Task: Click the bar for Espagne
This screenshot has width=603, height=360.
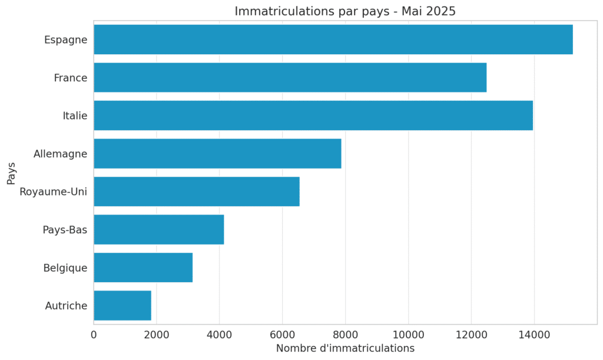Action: [x=333, y=39]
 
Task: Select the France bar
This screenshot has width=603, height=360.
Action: [x=290, y=78]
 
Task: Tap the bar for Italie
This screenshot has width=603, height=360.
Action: [x=313, y=115]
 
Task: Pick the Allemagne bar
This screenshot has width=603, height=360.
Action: [x=217, y=154]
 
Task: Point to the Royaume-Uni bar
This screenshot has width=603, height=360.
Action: [x=196, y=191]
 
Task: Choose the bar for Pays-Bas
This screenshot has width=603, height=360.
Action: [x=158, y=229]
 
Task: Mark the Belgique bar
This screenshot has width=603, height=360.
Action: [x=143, y=267]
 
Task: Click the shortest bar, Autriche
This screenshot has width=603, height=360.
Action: [x=122, y=305]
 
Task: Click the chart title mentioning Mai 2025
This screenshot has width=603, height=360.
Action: [x=345, y=11]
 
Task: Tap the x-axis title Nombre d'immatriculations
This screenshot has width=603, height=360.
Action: [x=345, y=348]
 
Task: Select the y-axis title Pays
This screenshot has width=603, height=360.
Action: [x=11, y=173]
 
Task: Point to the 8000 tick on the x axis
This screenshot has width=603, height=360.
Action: [x=345, y=335]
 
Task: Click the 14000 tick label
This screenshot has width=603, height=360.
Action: [x=534, y=335]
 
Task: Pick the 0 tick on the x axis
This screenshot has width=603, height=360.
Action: [x=94, y=335]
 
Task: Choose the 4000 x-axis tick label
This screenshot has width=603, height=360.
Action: [x=219, y=335]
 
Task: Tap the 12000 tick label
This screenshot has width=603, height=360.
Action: [x=471, y=335]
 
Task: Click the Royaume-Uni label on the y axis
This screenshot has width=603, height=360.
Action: [x=53, y=191]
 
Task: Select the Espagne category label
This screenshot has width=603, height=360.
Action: [x=65, y=39]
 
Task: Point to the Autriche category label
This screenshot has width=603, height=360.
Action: [x=66, y=305]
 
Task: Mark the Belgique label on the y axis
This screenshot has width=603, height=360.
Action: [x=65, y=267]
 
